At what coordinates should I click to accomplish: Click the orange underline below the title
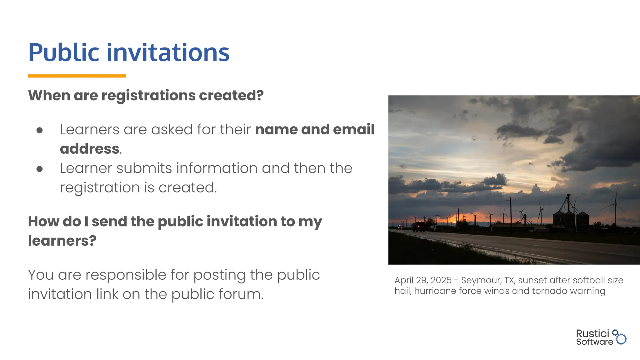click(77, 76)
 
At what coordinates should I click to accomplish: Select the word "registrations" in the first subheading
click(149, 95)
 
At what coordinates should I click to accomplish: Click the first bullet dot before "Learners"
click(39, 130)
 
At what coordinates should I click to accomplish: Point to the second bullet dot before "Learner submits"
click(39, 169)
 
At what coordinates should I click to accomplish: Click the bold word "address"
click(90, 149)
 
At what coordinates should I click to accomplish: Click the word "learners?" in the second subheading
click(62, 241)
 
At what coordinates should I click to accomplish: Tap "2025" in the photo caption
click(441, 280)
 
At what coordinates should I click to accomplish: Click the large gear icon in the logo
click(621, 339)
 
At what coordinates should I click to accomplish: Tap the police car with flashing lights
click(400, 227)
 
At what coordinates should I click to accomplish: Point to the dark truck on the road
click(419, 227)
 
